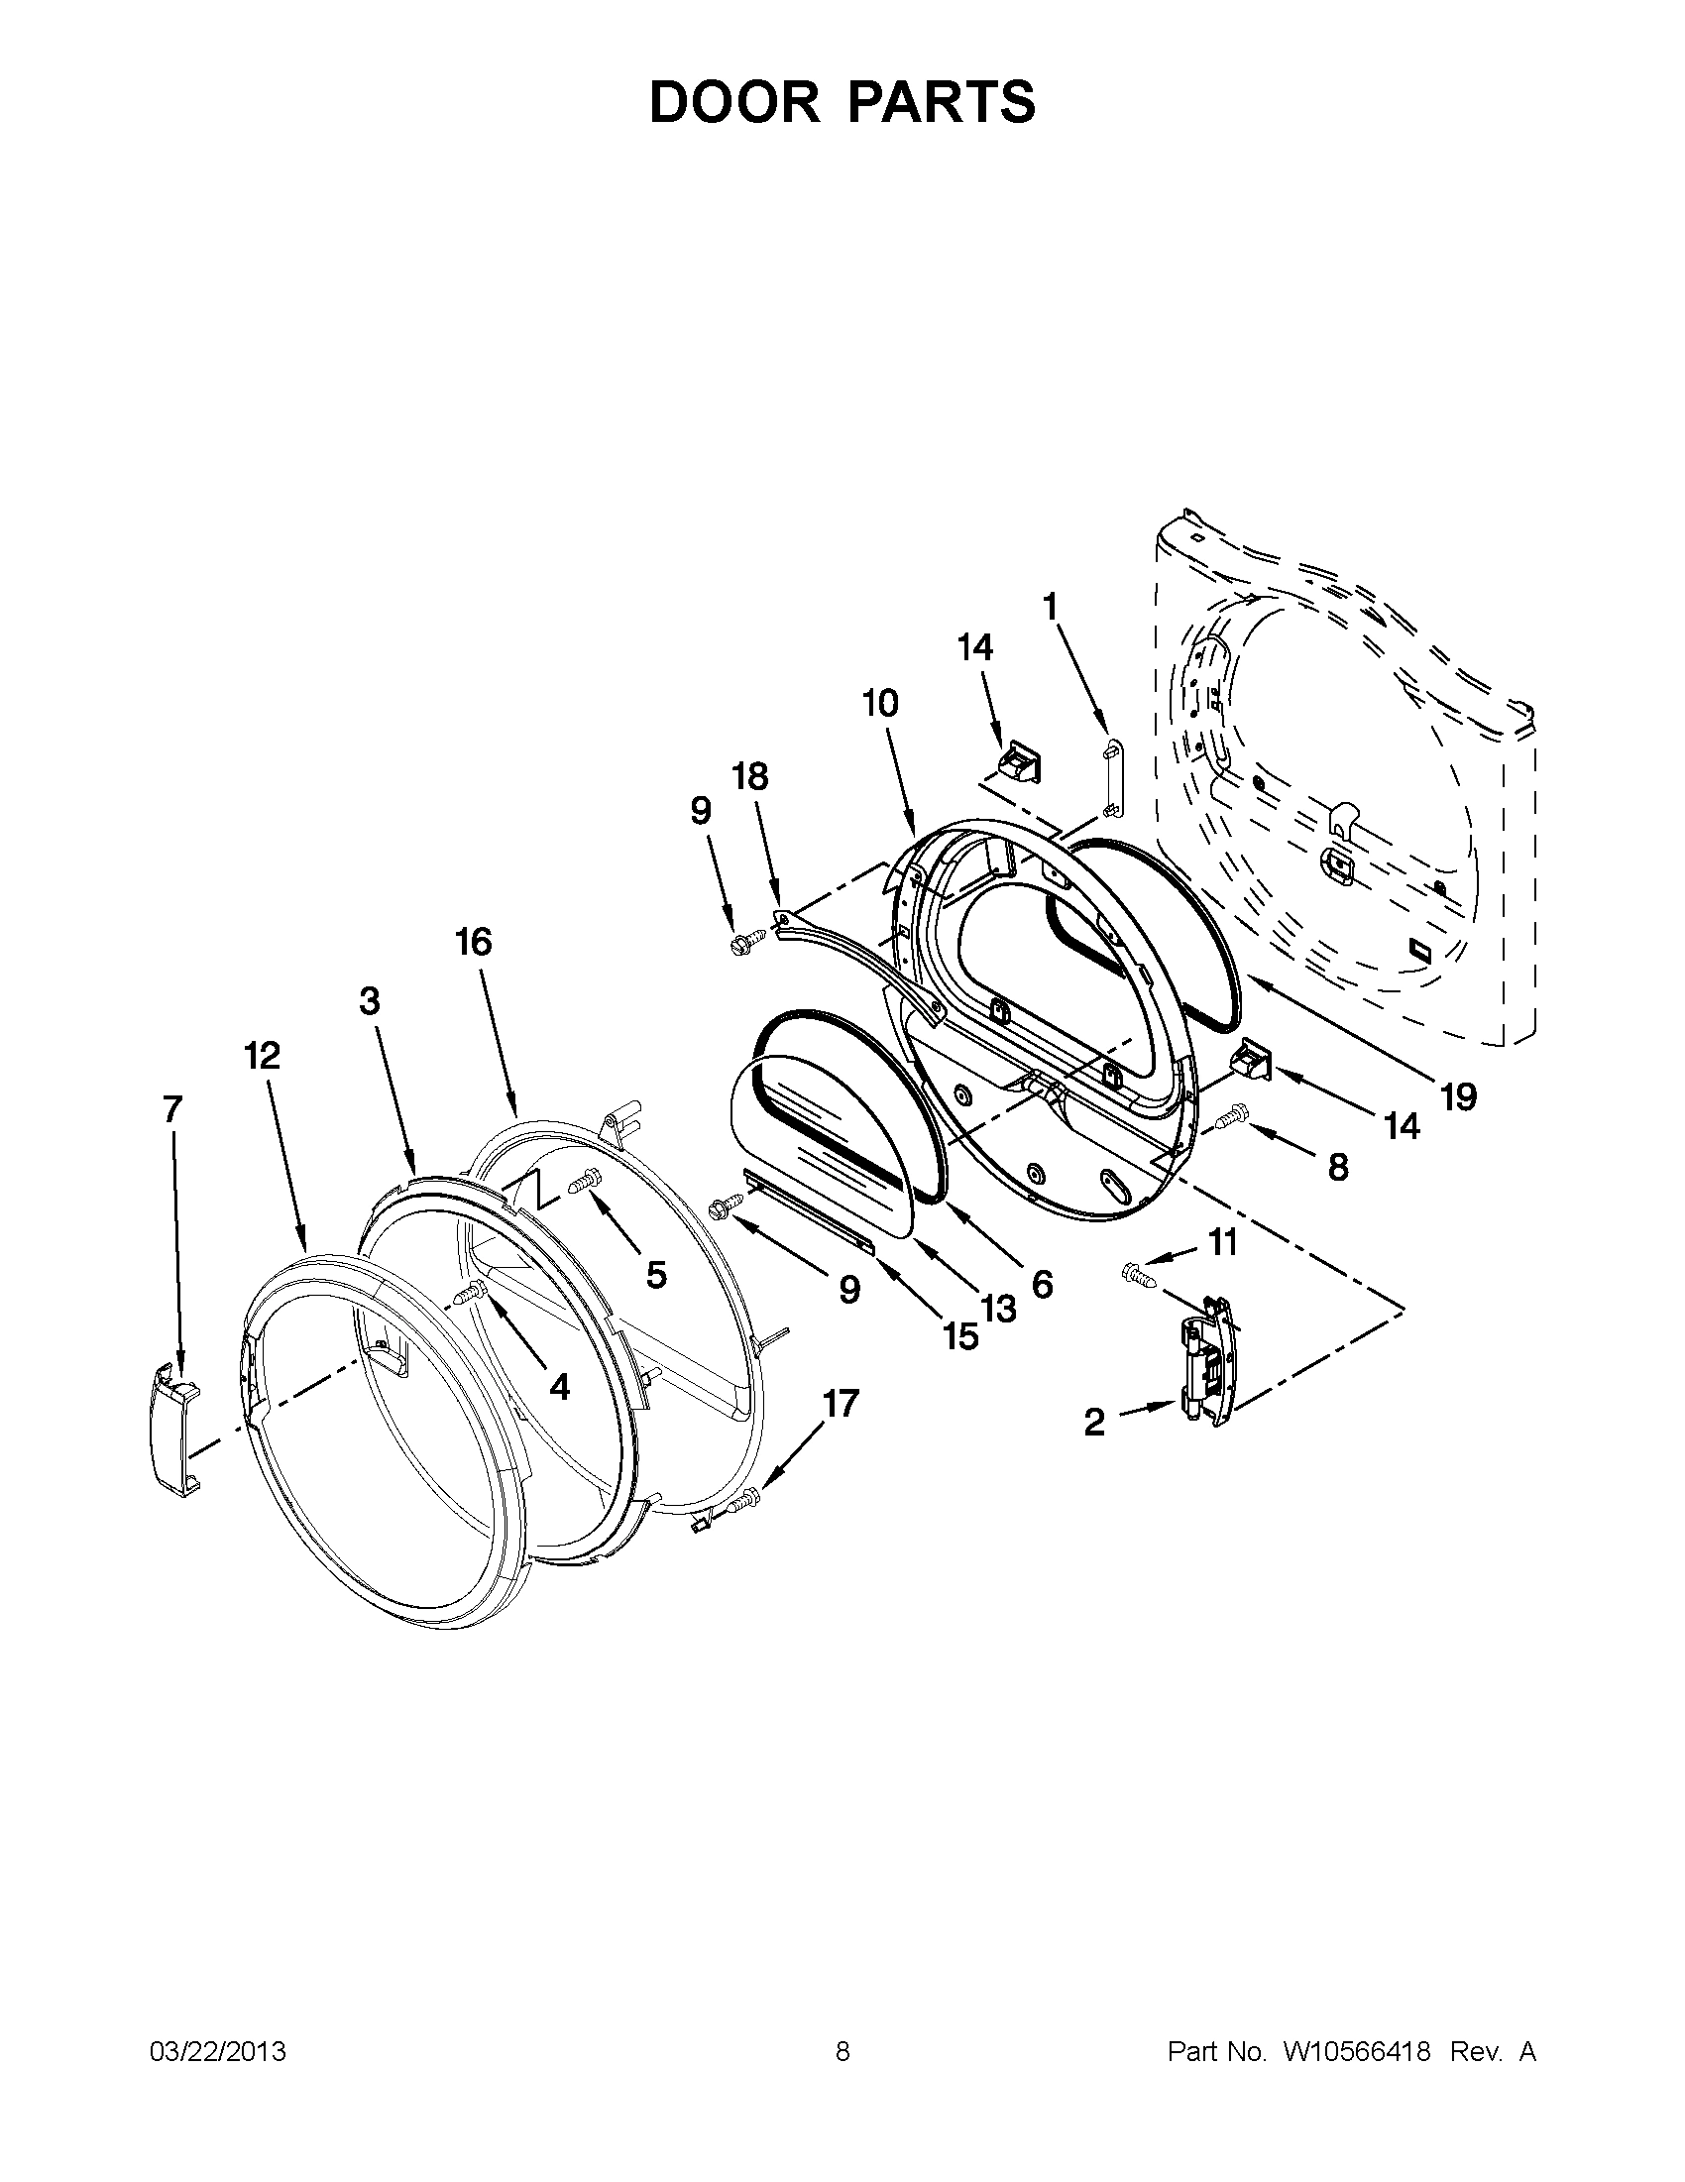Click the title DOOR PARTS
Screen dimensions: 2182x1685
point(842,102)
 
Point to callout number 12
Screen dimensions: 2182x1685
point(263,1055)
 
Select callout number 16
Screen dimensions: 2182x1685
point(475,941)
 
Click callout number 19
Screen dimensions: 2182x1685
point(1458,1097)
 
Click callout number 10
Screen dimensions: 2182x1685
point(880,703)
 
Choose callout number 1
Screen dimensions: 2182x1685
point(1050,606)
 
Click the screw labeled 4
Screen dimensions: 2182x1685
point(470,1295)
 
